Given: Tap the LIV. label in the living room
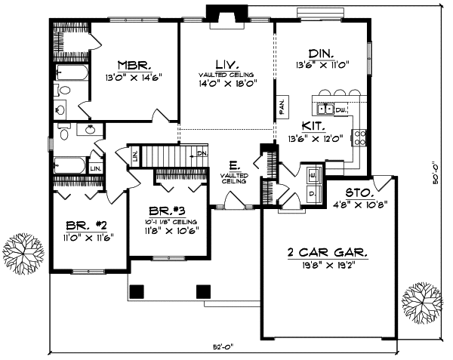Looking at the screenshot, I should click(223, 64).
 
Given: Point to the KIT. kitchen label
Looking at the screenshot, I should click(314, 126).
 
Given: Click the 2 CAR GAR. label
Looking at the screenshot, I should click(329, 255).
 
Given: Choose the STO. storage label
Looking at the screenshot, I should click(359, 193).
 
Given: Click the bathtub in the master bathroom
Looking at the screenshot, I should click(72, 73).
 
